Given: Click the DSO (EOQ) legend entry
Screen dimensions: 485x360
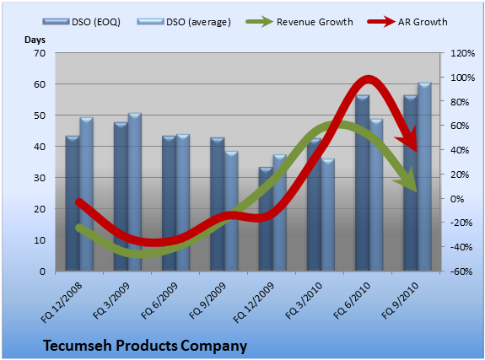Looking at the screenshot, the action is point(82,22).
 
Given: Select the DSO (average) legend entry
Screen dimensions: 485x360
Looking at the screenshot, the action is point(184,22).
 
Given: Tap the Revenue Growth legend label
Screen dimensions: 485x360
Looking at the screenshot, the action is point(315,22).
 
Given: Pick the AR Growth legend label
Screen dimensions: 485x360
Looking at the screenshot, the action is point(423,22).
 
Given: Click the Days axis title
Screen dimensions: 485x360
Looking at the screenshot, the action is point(35,40).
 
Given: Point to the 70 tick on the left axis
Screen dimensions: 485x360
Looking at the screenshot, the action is point(40,53).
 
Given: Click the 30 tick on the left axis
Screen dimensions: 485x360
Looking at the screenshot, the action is point(40,178).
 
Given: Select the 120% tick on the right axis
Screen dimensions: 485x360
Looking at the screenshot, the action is point(462,53).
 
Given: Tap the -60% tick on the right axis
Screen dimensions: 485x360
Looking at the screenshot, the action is point(461,271).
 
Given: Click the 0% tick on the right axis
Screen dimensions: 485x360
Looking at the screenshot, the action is point(457,199).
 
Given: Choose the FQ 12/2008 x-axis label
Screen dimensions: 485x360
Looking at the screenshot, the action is point(62,303).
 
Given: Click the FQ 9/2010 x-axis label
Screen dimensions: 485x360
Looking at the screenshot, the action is point(401,300).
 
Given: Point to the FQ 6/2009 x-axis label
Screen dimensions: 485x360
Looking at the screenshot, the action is point(159,300).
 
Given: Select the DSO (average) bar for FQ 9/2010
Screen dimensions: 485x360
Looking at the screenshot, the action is point(424,176).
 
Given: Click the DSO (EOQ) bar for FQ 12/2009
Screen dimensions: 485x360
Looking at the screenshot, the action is point(266,219).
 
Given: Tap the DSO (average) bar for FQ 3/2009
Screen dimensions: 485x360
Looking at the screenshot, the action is point(135,191).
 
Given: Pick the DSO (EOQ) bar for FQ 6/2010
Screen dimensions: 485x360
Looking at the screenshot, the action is point(362,183).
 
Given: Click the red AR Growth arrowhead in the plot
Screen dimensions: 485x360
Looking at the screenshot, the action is point(407,140).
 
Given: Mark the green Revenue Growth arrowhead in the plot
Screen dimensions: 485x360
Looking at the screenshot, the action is point(406,180).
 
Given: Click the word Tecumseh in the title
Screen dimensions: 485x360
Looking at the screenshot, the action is point(78,346).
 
